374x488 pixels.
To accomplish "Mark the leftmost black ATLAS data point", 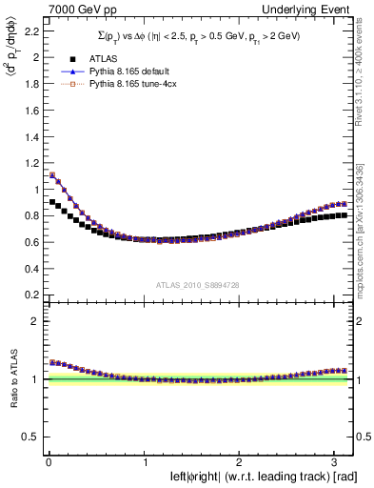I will [x=51, y=202].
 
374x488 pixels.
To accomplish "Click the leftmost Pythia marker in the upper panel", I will [x=51, y=174].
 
